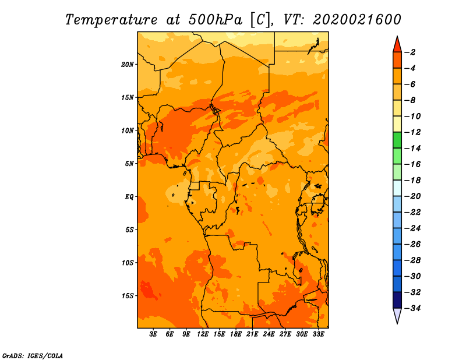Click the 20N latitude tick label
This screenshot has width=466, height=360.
tap(127, 65)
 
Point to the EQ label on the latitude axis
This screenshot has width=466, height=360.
tap(129, 197)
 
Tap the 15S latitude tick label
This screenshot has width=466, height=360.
tap(128, 296)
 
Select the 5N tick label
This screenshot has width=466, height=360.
tap(129, 164)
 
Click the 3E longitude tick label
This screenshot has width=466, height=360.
tap(153, 334)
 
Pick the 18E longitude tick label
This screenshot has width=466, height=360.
tap(236, 334)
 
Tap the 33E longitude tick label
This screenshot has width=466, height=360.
tap(318, 334)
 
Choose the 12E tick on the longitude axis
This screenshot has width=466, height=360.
tap(203, 334)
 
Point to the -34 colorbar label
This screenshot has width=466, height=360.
tap(413, 308)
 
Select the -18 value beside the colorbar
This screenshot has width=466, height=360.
tap(413, 180)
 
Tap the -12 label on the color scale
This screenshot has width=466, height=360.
tap(413, 132)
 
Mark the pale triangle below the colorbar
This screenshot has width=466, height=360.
tap(397, 315)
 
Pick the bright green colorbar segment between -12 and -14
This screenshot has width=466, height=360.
tap(397, 140)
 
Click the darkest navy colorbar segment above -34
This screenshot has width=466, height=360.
tap(397, 300)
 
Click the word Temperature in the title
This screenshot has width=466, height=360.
tap(111, 20)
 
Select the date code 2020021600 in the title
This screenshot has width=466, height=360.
tap(357, 20)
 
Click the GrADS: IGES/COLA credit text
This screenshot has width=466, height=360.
tap(33, 356)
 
